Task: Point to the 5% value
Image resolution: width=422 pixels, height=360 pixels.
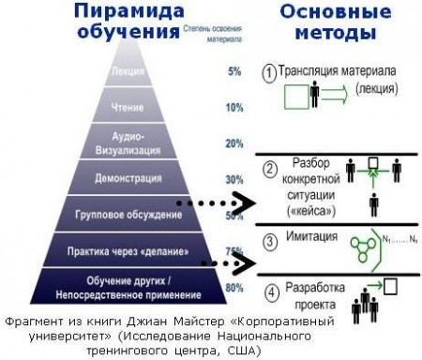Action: coord(234,70)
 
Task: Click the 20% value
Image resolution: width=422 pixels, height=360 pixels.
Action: coord(234,143)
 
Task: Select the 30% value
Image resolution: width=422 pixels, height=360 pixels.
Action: coord(234,179)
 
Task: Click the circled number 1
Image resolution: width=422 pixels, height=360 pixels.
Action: coord(269,70)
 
